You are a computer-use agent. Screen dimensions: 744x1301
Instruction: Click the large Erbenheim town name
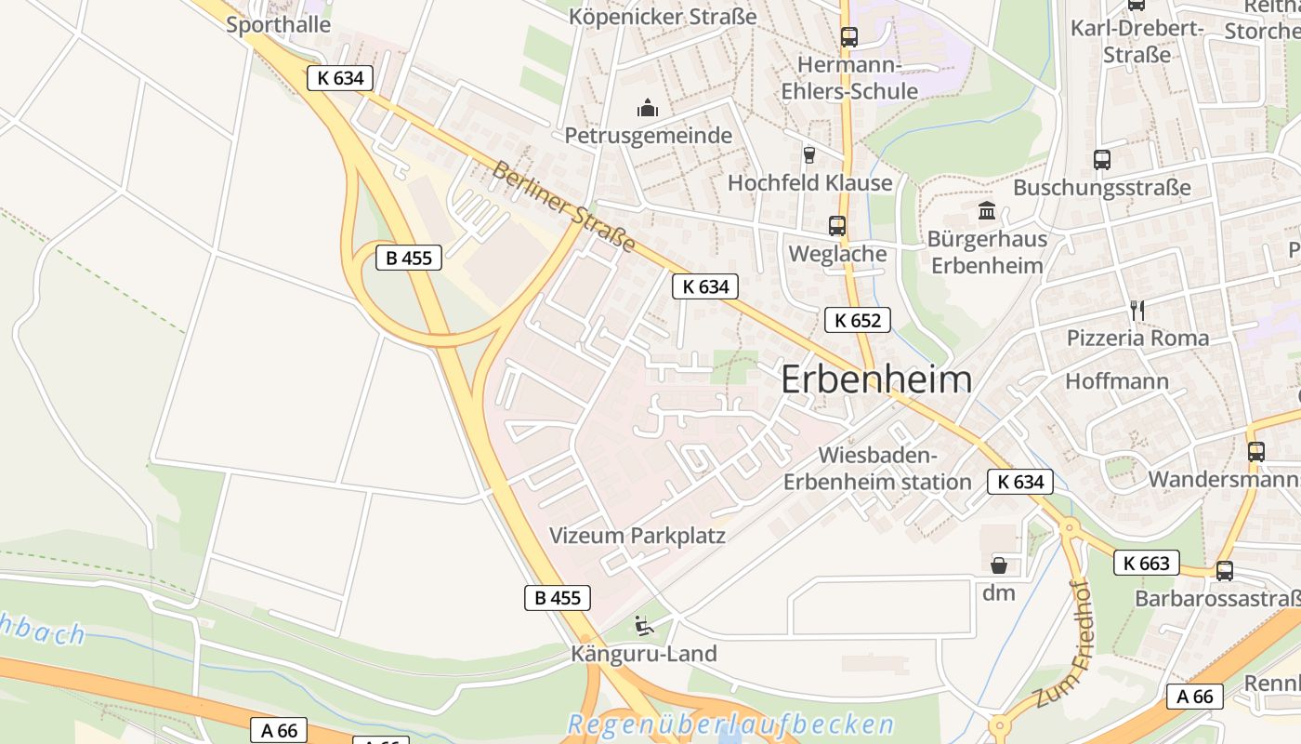(x=876, y=379)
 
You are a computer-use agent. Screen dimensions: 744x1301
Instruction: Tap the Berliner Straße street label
(x=563, y=206)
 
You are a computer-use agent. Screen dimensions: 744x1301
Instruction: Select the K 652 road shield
(x=857, y=321)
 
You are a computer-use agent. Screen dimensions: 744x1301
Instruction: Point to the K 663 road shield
(x=1146, y=563)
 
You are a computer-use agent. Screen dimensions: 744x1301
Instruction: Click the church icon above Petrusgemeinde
(x=648, y=109)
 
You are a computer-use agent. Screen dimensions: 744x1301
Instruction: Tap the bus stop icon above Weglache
(x=836, y=225)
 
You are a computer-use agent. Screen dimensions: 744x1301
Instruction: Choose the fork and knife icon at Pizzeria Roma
(x=1137, y=310)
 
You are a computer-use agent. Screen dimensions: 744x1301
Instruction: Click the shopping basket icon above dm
(x=999, y=565)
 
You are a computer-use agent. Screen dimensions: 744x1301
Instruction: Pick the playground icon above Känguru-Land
(x=643, y=625)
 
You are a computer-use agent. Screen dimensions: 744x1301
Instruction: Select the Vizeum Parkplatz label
(x=637, y=536)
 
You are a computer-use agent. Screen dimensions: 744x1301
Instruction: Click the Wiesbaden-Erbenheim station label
(x=877, y=469)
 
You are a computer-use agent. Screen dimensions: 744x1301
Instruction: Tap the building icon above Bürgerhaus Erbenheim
(x=986, y=211)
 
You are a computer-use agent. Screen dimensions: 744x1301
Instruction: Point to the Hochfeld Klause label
(x=809, y=182)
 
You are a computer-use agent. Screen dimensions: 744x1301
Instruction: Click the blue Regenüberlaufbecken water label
(x=730, y=724)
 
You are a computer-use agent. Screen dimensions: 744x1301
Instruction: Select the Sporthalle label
(x=278, y=24)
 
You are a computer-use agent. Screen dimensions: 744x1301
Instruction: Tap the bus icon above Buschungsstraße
(x=1101, y=159)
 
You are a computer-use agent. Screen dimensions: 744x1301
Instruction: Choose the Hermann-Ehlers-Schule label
(x=849, y=78)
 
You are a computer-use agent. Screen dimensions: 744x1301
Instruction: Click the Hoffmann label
(x=1116, y=381)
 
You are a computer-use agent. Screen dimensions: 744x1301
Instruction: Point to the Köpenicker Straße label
(x=663, y=17)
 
